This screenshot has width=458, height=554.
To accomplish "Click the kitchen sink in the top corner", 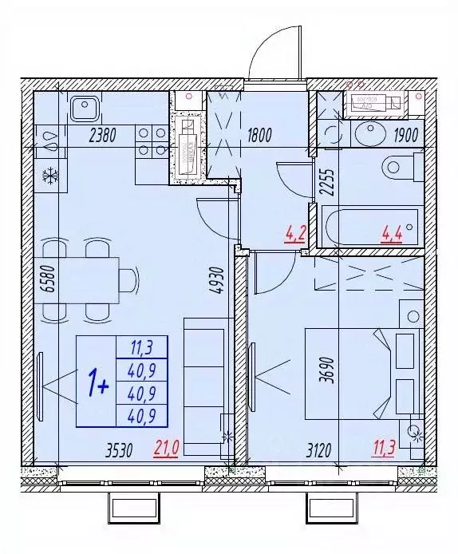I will click(x=83, y=107).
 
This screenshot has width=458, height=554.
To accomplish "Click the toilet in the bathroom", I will click(x=403, y=168).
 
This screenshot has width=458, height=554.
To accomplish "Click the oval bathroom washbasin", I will click(x=370, y=135).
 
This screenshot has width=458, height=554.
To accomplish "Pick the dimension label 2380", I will click(x=103, y=135).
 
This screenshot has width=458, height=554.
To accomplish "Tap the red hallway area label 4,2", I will click(x=294, y=235).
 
